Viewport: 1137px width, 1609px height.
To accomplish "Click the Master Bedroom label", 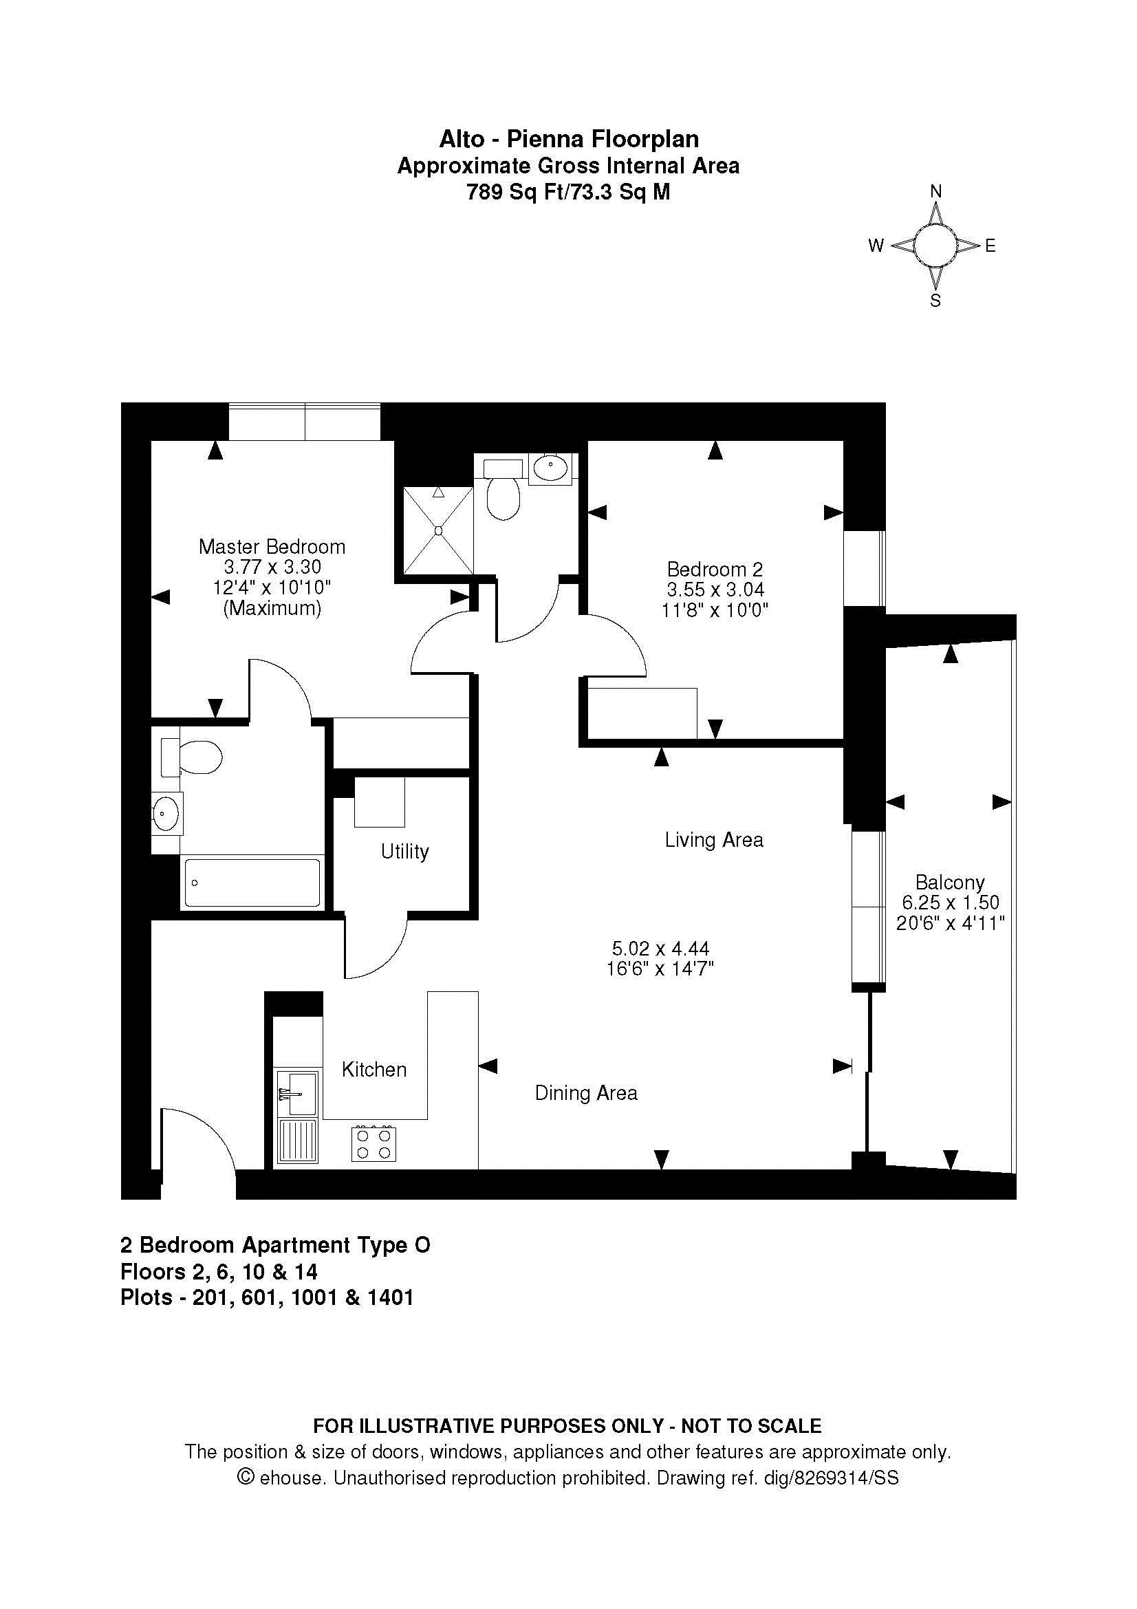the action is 272,547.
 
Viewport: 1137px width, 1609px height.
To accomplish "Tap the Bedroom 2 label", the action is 715,569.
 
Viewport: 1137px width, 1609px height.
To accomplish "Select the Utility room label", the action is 404,852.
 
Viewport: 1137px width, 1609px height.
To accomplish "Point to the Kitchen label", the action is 374,1070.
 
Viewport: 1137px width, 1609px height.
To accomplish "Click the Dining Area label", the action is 585,1093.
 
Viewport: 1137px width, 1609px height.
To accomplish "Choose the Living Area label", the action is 714,839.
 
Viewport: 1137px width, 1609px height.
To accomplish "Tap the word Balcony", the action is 950,883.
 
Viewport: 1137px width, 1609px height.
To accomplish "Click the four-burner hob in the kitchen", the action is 373,1143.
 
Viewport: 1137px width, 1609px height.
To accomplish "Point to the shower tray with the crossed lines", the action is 439,530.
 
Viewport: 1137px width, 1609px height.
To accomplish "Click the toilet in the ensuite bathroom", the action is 191,757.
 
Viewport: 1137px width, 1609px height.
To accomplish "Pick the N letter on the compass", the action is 935,191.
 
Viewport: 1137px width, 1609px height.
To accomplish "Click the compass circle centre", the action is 935,246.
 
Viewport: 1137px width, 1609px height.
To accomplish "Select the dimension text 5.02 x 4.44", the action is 660,949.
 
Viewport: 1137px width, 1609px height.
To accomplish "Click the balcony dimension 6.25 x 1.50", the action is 951,903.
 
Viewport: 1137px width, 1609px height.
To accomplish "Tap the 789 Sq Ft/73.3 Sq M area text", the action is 568,192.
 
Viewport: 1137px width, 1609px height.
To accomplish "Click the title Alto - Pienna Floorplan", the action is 569,140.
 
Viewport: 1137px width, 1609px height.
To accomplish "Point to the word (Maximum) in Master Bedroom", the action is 272,608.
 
